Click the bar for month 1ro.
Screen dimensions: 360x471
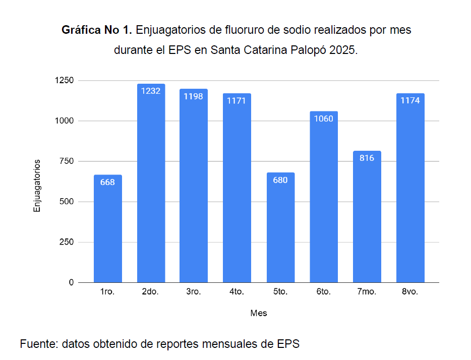tap(107, 229)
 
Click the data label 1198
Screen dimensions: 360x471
tap(194, 96)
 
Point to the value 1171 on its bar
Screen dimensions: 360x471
tap(237, 101)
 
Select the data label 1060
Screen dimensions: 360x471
tap(323, 119)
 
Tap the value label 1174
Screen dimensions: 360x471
tap(410, 100)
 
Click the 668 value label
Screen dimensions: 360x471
tap(107, 183)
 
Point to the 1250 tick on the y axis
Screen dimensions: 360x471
tap(65, 81)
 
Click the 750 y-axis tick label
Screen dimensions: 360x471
tap(67, 161)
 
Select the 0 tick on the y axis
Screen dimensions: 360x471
tap(72, 282)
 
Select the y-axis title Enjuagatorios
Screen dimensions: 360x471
tap(37, 186)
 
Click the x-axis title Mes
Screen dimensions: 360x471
tap(259, 313)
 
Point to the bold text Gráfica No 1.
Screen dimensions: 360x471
tap(97, 30)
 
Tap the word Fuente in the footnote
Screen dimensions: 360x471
tap(38, 344)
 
